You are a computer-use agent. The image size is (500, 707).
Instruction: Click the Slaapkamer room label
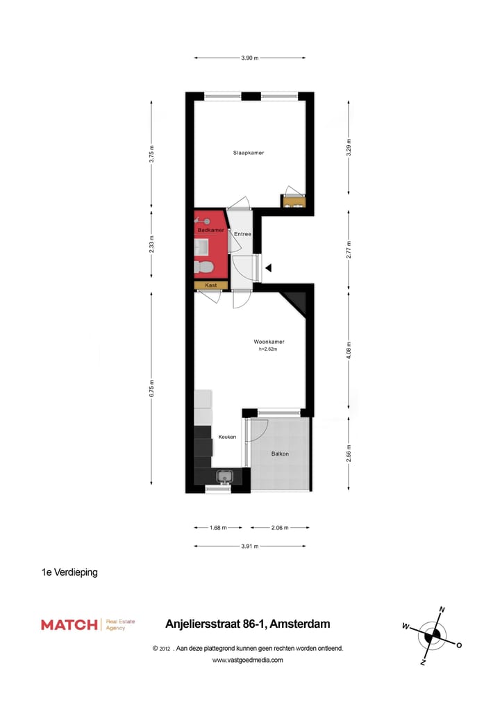(248, 153)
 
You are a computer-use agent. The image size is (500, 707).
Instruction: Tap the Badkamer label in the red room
(210, 229)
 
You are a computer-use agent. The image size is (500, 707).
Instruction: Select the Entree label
(242, 234)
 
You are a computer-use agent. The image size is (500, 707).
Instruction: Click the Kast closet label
(210, 285)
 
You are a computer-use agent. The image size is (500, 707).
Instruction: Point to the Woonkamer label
(269, 342)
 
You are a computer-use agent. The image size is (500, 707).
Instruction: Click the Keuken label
(227, 437)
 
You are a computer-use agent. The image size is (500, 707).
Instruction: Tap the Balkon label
(280, 454)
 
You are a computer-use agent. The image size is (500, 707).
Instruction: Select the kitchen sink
(224, 476)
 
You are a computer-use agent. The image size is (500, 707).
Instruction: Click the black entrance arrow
(268, 267)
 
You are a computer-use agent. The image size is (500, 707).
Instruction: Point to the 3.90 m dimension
(250, 58)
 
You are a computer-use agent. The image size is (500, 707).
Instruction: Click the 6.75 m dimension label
(152, 388)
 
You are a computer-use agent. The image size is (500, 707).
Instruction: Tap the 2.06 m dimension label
(280, 528)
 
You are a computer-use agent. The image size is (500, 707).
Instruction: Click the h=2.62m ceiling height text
(268, 349)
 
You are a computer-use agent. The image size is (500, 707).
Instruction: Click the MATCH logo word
(69, 624)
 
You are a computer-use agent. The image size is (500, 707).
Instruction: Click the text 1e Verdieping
(69, 573)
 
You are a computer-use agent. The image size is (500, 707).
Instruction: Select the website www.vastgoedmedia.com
(247, 660)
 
